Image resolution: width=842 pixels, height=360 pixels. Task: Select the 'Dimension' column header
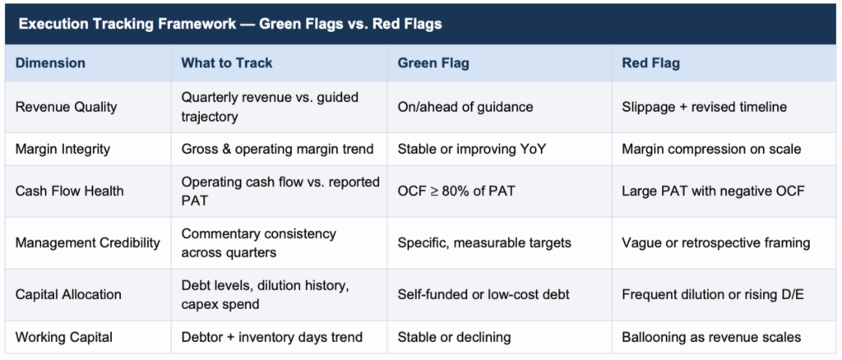[50, 63]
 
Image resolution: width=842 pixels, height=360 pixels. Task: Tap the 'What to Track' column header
[227, 63]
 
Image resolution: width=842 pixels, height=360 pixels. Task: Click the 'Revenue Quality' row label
[66, 107]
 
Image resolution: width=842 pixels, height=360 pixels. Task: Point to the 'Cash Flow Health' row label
[70, 191]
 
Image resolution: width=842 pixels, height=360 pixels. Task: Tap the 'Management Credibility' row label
[88, 242]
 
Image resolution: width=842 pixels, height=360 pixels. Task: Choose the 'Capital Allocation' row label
[68, 294]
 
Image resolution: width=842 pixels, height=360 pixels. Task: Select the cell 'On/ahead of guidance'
[465, 107]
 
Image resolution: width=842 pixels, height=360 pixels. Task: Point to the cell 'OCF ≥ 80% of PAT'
[456, 191]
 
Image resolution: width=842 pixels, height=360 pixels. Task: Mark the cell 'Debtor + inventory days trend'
[271, 336]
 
